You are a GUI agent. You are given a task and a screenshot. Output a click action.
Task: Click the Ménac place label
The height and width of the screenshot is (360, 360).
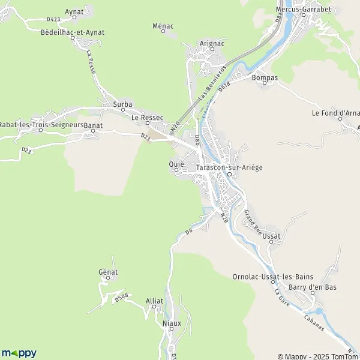click(x=163, y=26)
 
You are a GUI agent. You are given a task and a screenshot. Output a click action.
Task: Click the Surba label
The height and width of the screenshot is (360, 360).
click(x=122, y=104)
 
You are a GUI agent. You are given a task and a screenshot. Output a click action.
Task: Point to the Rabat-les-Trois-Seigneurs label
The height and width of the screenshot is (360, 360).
click(x=41, y=124)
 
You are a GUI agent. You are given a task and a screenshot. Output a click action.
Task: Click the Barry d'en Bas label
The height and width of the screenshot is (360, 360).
click(x=313, y=287)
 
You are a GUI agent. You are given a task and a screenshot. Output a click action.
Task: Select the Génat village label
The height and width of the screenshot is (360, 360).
click(x=108, y=272)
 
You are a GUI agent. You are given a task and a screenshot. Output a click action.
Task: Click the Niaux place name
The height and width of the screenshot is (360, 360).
click(x=172, y=323)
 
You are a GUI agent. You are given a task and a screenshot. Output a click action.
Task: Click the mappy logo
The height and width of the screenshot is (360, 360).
click(x=19, y=353)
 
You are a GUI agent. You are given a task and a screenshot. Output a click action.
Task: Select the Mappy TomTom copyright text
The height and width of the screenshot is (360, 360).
click(x=317, y=355)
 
